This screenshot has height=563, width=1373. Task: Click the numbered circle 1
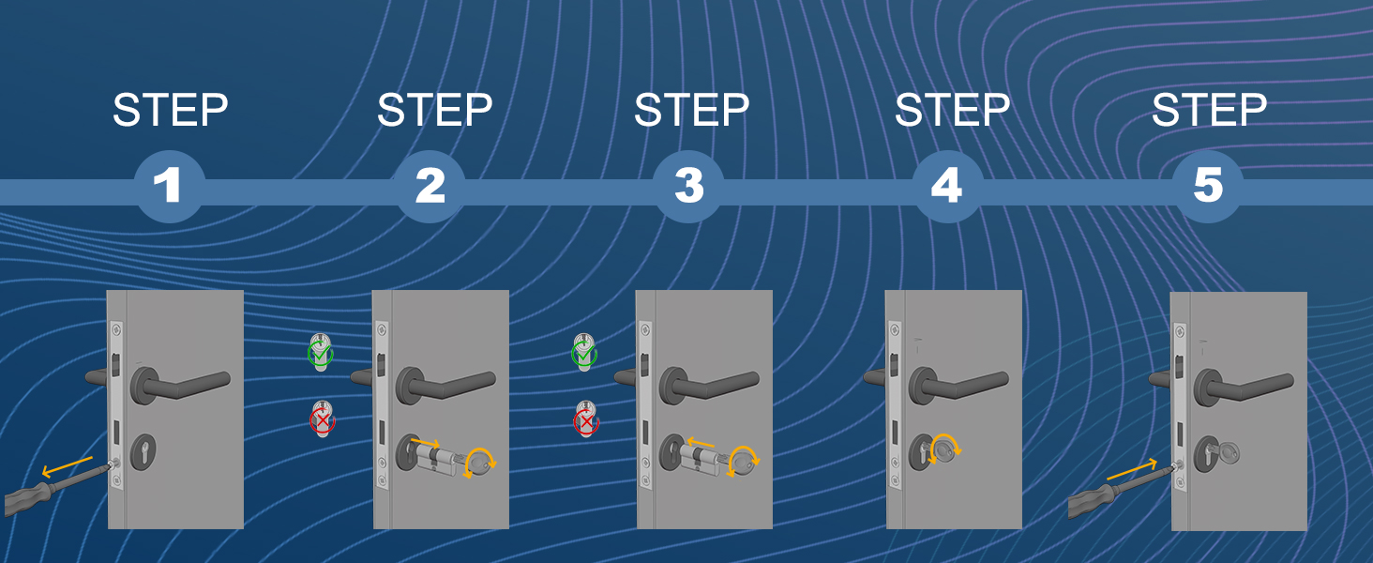tap(169, 186)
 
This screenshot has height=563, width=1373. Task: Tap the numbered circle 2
tap(430, 186)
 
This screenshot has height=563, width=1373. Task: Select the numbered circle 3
tap(688, 186)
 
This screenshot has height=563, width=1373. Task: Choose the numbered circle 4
tap(947, 186)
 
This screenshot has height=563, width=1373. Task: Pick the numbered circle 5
tap(1208, 186)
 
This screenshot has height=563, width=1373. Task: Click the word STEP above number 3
tap(691, 111)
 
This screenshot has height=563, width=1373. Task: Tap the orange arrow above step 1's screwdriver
tap(67, 466)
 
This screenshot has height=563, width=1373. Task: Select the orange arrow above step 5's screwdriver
tap(1132, 470)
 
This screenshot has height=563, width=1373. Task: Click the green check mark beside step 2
tap(320, 355)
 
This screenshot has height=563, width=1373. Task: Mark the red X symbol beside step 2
tap(322, 421)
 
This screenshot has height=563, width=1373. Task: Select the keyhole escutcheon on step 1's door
tap(143, 452)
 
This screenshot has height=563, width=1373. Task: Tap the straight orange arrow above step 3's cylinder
tap(700, 442)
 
